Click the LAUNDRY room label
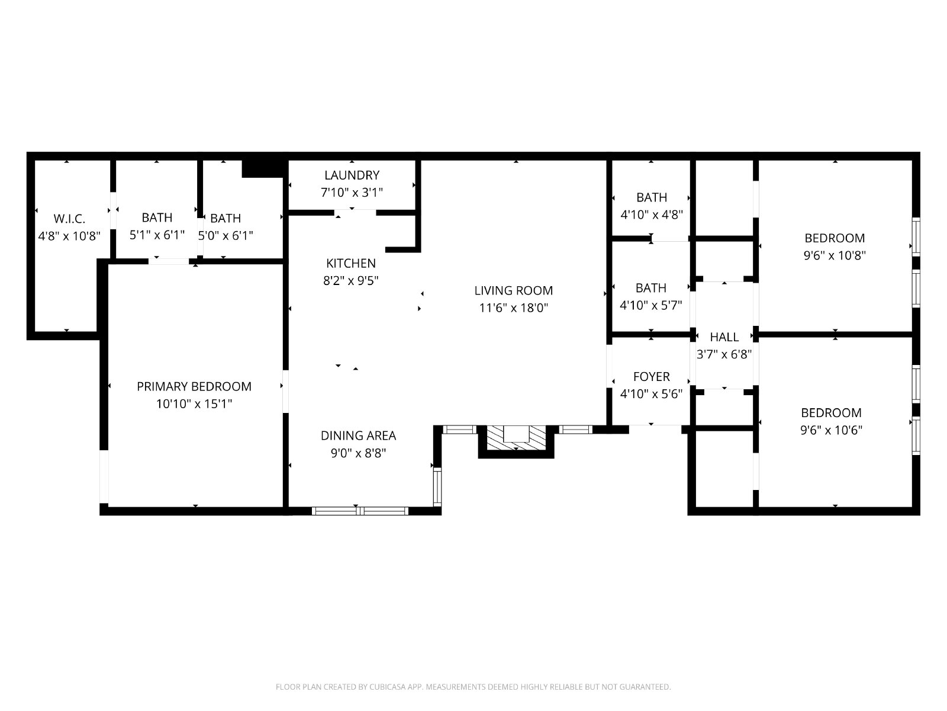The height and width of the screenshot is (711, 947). click(x=352, y=175)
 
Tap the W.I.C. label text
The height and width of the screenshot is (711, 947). click(x=69, y=219)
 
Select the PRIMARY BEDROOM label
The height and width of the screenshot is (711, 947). click(x=194, y=386)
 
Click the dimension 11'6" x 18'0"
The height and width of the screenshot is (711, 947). click(x=513, y=308)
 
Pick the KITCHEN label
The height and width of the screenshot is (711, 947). click(x=351, y=263)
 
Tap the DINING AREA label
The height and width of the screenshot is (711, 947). click(x=358, y=435)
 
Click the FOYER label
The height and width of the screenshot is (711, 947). click(x=652, y=377)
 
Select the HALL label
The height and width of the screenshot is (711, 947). click(x=724, y=337)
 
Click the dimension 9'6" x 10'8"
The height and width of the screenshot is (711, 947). click(x=835, y=255)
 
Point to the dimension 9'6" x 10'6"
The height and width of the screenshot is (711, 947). click(x=832, y=430)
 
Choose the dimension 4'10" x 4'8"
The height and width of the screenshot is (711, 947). click(x=652, y=214)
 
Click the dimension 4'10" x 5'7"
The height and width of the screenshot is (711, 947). click(x=651, y=306)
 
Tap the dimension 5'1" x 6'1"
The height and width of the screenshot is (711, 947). click(x=157, y=235)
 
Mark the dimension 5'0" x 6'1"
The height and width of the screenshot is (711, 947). click(x=226, y=236)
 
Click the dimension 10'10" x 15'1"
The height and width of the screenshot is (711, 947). click(x=194, y=404)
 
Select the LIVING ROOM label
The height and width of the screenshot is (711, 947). click(x=513, y=290)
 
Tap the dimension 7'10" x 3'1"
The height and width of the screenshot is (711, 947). click(x=352, y=193)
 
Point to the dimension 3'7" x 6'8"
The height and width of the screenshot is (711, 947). click(x=724, y=354)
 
